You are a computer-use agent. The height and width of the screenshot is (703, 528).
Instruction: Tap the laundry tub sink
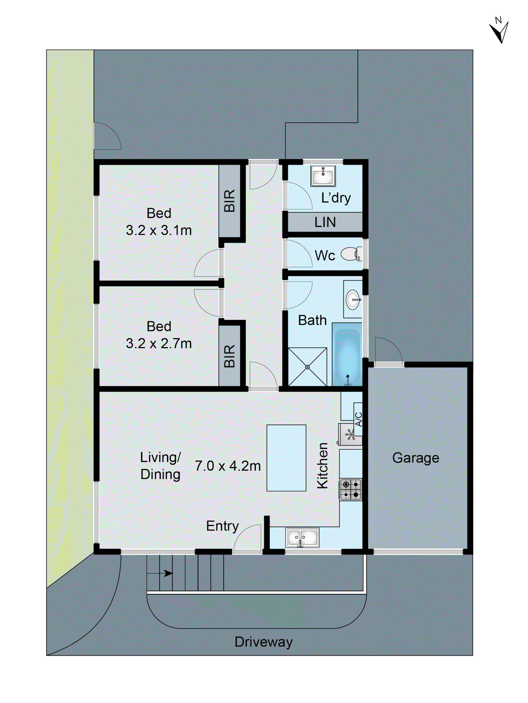click(323, 176)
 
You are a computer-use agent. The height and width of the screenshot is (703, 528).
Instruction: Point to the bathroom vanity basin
click(353, 299)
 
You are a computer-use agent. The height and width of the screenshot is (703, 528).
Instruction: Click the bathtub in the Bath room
click(347, 354)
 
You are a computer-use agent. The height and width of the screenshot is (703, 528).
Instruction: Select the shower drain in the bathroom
click(307, 367)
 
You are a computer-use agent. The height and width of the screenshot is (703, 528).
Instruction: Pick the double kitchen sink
click(302, 538)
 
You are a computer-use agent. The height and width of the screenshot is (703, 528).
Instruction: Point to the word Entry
click(222, 526)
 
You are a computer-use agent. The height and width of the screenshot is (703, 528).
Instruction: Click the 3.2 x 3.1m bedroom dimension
click(159, 230)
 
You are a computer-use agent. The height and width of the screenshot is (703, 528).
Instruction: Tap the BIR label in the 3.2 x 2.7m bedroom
click(229, 356)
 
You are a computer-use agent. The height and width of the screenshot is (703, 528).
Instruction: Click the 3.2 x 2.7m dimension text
click(159, 343)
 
